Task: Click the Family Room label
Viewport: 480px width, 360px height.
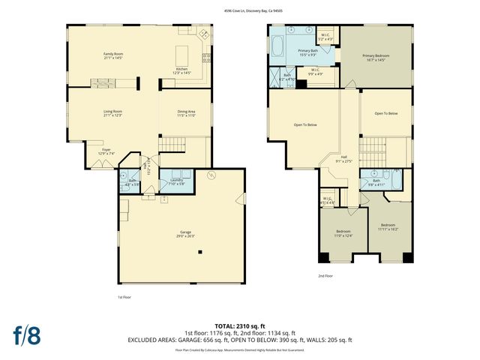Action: [x=112, y=55]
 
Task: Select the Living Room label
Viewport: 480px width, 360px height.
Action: [x=112, y=113]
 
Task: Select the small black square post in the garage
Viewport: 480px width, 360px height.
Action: [x=199, y=253]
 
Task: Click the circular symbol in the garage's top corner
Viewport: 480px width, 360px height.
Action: [x=212, y=176]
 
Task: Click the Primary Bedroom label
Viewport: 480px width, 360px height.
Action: [x=377, y=57]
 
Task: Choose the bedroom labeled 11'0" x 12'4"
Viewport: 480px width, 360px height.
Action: [x=343, y=233]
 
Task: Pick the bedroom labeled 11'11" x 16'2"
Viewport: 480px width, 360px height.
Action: [x=388, y=226]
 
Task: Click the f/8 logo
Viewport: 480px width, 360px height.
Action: [x=26, y=335]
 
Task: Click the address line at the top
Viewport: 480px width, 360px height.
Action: [x=239, y=10]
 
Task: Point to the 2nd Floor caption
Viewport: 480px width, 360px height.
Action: [x=325, y=275]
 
